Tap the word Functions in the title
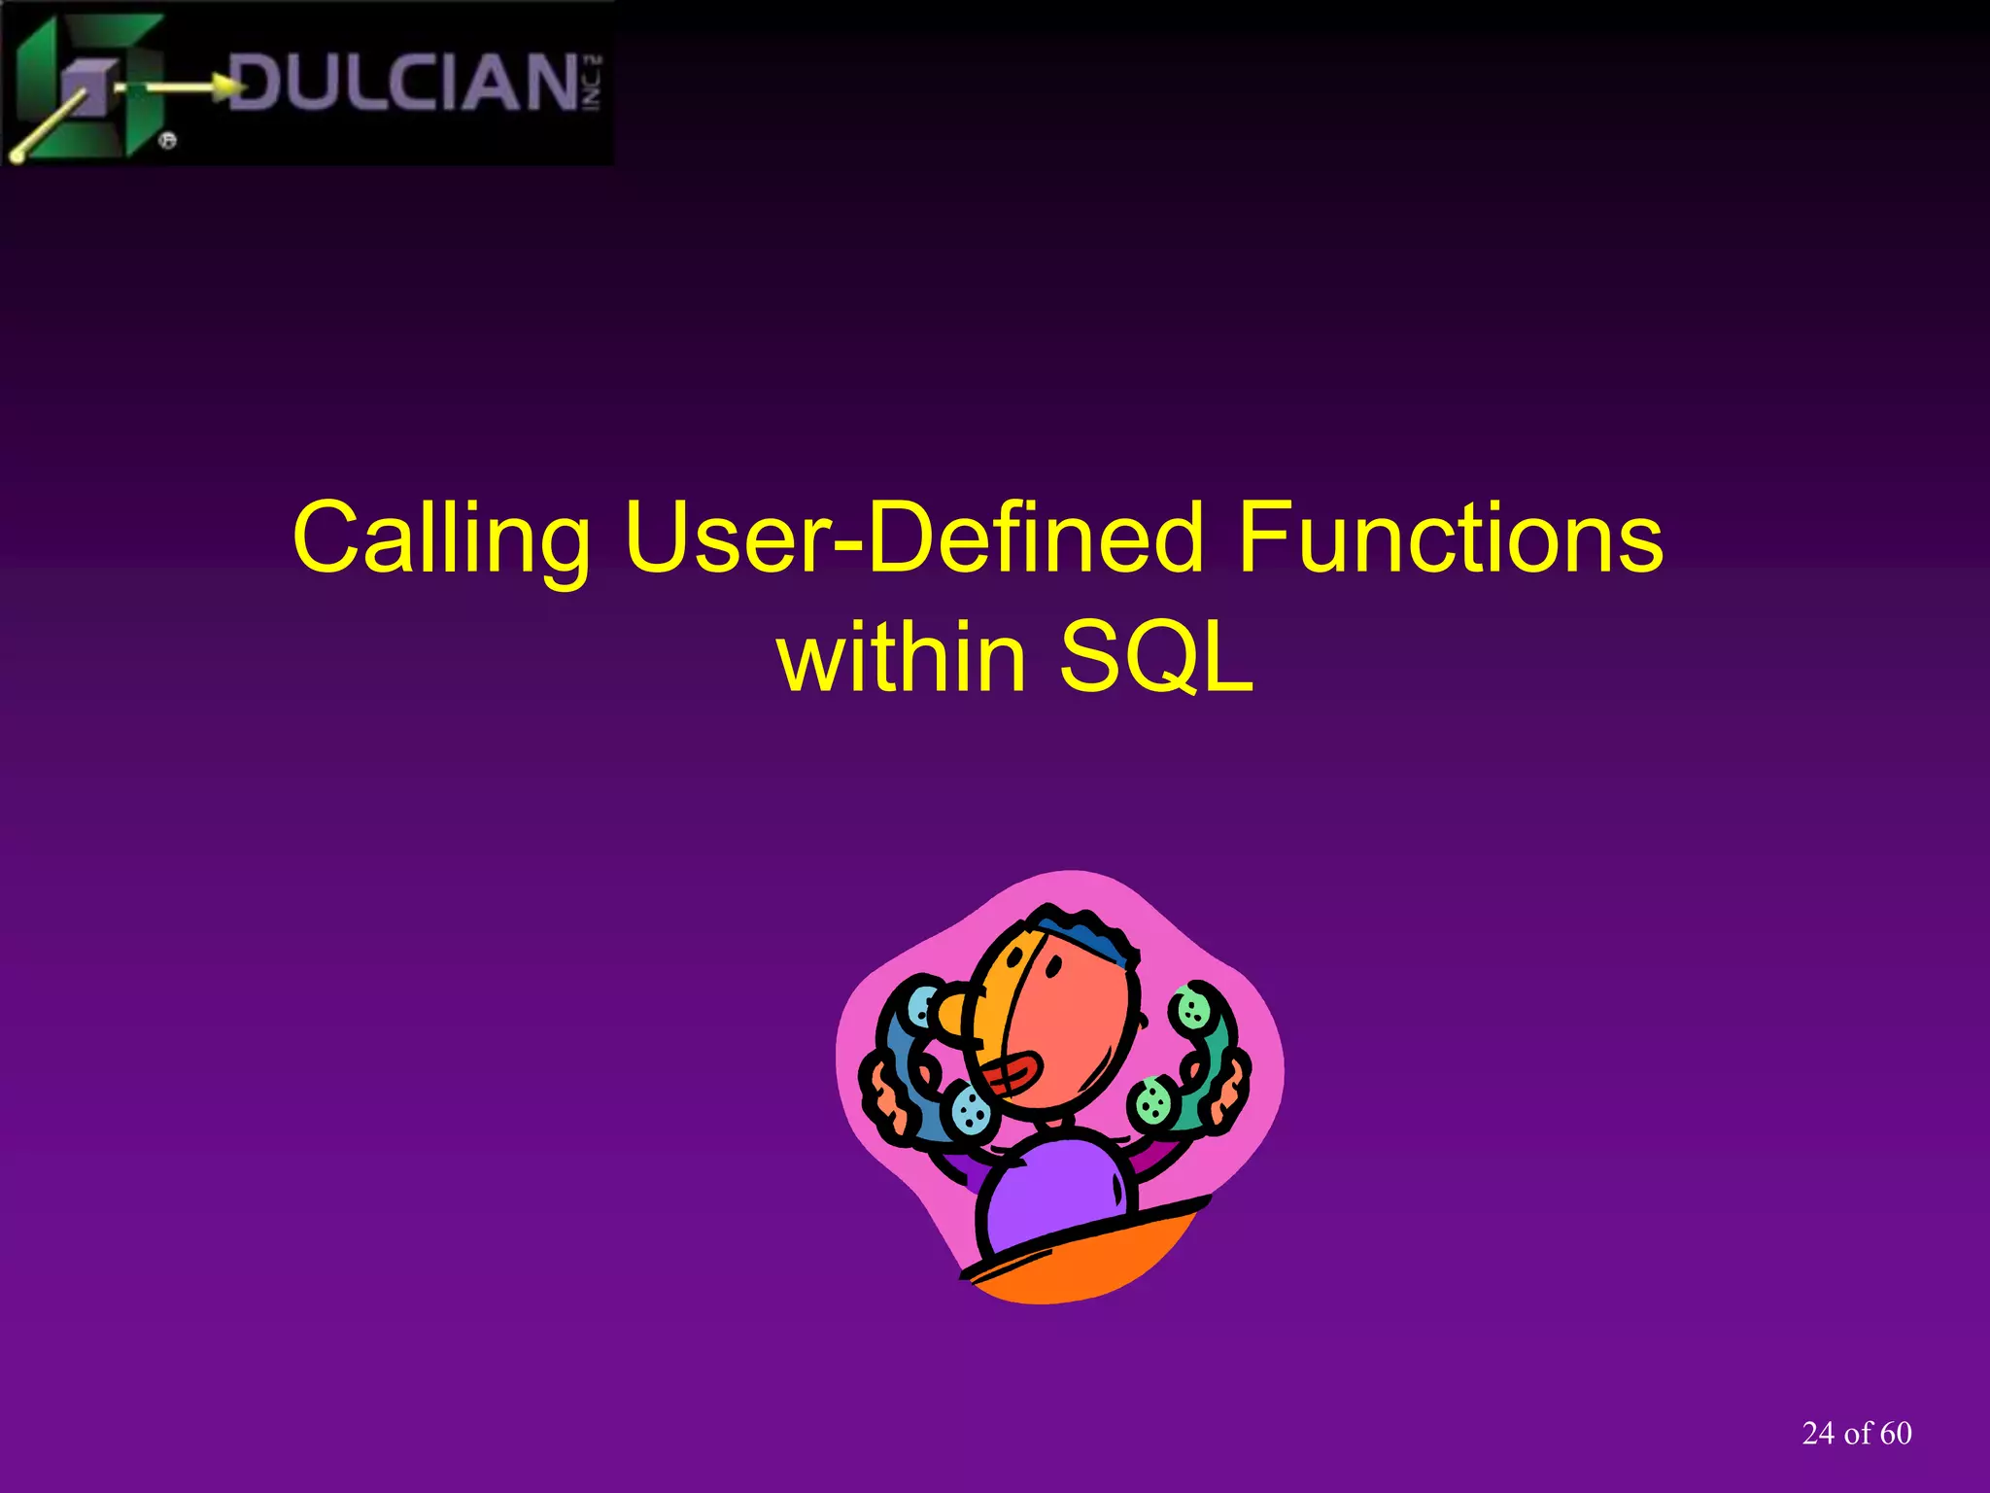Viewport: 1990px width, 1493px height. [1450, 538]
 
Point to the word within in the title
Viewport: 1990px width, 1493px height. [902, 657]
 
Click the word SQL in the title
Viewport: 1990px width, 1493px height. [1155, 657]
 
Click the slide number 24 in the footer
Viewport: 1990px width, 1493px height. [1818, 1434]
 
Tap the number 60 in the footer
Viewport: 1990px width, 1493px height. [1896, 1434]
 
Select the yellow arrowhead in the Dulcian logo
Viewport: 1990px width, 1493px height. [231, 87]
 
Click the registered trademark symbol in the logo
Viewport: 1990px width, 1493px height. [167, 141]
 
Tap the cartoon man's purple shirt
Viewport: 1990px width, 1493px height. [1054, 1196]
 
